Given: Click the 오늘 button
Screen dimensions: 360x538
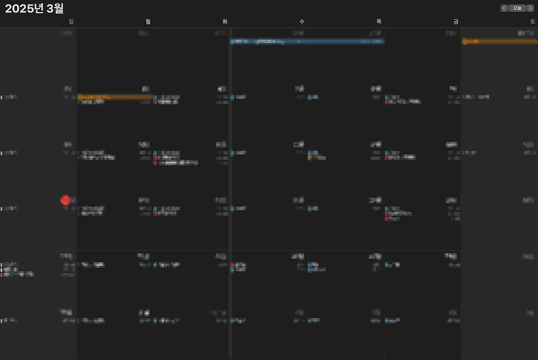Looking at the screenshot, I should tap(517, 8).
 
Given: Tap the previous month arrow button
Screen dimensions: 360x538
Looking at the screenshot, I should tap(504, 8).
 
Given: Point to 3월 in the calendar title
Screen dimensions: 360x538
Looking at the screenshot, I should tap(55, 8).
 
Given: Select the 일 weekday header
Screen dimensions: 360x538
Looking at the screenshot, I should tap(71, 22).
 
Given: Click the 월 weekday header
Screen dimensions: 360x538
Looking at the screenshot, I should tap(148, 22).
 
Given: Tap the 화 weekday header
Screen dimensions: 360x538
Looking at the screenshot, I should tap(225, 22).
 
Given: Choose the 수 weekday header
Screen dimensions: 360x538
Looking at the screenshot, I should tap(302, 22).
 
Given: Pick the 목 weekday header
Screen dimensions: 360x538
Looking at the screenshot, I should tap(379, 22).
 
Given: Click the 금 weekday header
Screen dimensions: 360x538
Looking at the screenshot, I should tap(456, 22).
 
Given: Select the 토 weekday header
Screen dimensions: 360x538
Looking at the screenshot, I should tap(533, 22).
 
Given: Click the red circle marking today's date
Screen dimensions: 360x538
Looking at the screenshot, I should tap(65, 200).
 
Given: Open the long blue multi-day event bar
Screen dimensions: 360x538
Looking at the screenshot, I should tap(307, 41).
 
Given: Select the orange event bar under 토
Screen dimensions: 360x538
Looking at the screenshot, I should tap(499, 41).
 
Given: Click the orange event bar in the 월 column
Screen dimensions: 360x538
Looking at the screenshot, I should tap(115, 97).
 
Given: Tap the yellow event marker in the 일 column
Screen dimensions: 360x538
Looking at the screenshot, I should tap(1, 270).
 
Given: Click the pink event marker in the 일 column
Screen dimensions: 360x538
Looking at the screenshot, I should tap(1, 275).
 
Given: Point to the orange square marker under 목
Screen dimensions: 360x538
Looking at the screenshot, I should tap(309, 158).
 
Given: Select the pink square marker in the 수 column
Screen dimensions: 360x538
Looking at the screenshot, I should tap(232, 265).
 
